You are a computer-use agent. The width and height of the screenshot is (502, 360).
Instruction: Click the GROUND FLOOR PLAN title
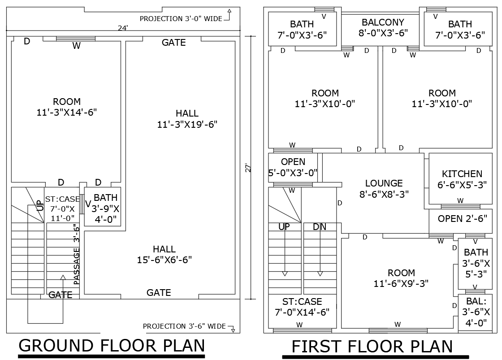[x=112, y=346]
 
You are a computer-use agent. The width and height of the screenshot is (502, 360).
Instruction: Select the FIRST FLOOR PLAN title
[x=372, y=347]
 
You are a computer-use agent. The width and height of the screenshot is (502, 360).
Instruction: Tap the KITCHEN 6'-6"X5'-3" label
[x=462, y=179]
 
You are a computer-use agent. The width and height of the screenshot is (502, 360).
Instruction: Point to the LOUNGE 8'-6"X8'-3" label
[x=384, y=188]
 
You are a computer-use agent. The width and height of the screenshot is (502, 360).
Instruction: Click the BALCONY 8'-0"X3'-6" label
[x=383, y=27]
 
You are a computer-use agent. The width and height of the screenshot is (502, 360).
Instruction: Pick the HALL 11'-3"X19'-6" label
[x=187, y=119]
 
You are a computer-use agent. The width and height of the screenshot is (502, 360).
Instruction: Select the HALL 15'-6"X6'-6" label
[x=164, y=254]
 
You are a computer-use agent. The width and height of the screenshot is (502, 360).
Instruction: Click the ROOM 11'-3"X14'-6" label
[x=67, y=107]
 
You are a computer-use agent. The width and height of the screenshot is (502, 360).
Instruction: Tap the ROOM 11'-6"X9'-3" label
[x=394, y=278]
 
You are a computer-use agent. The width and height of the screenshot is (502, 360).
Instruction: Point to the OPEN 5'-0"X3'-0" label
[x=293, y=167]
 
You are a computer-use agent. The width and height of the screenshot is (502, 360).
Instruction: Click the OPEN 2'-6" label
[x=462, y=219]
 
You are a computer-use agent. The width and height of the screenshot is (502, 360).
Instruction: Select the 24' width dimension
[x=123, y=28]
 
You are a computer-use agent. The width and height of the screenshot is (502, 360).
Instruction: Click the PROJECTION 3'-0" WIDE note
[x=181, y=18]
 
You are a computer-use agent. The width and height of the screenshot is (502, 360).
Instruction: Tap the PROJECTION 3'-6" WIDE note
[x=184, y=326]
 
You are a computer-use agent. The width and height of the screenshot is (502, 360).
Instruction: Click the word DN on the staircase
[x=320, y=227]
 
